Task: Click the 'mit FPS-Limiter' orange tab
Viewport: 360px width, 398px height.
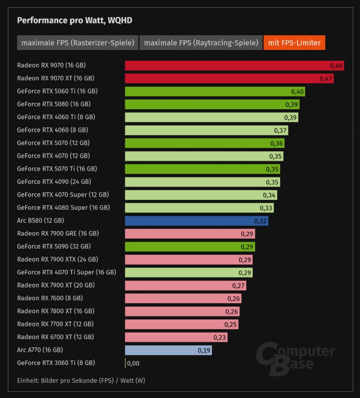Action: [294, 43]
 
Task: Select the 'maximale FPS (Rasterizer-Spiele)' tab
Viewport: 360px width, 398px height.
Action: [77, 43]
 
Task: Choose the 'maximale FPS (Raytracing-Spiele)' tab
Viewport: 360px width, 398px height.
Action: [201, 43]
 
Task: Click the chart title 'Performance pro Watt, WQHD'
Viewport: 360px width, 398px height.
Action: [75, 20]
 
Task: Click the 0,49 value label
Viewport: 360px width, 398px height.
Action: [336, 66]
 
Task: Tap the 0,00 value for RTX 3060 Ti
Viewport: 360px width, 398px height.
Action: [133, 363]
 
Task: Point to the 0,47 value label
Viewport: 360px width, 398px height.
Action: [326, 78]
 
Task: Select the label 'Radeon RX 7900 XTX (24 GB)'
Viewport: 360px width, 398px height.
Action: [57, 259]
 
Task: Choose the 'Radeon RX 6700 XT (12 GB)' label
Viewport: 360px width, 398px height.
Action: [55, 337]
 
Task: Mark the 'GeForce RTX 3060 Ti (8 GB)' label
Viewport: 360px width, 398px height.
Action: [56, 363]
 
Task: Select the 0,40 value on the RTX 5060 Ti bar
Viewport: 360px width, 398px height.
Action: [297, 92]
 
